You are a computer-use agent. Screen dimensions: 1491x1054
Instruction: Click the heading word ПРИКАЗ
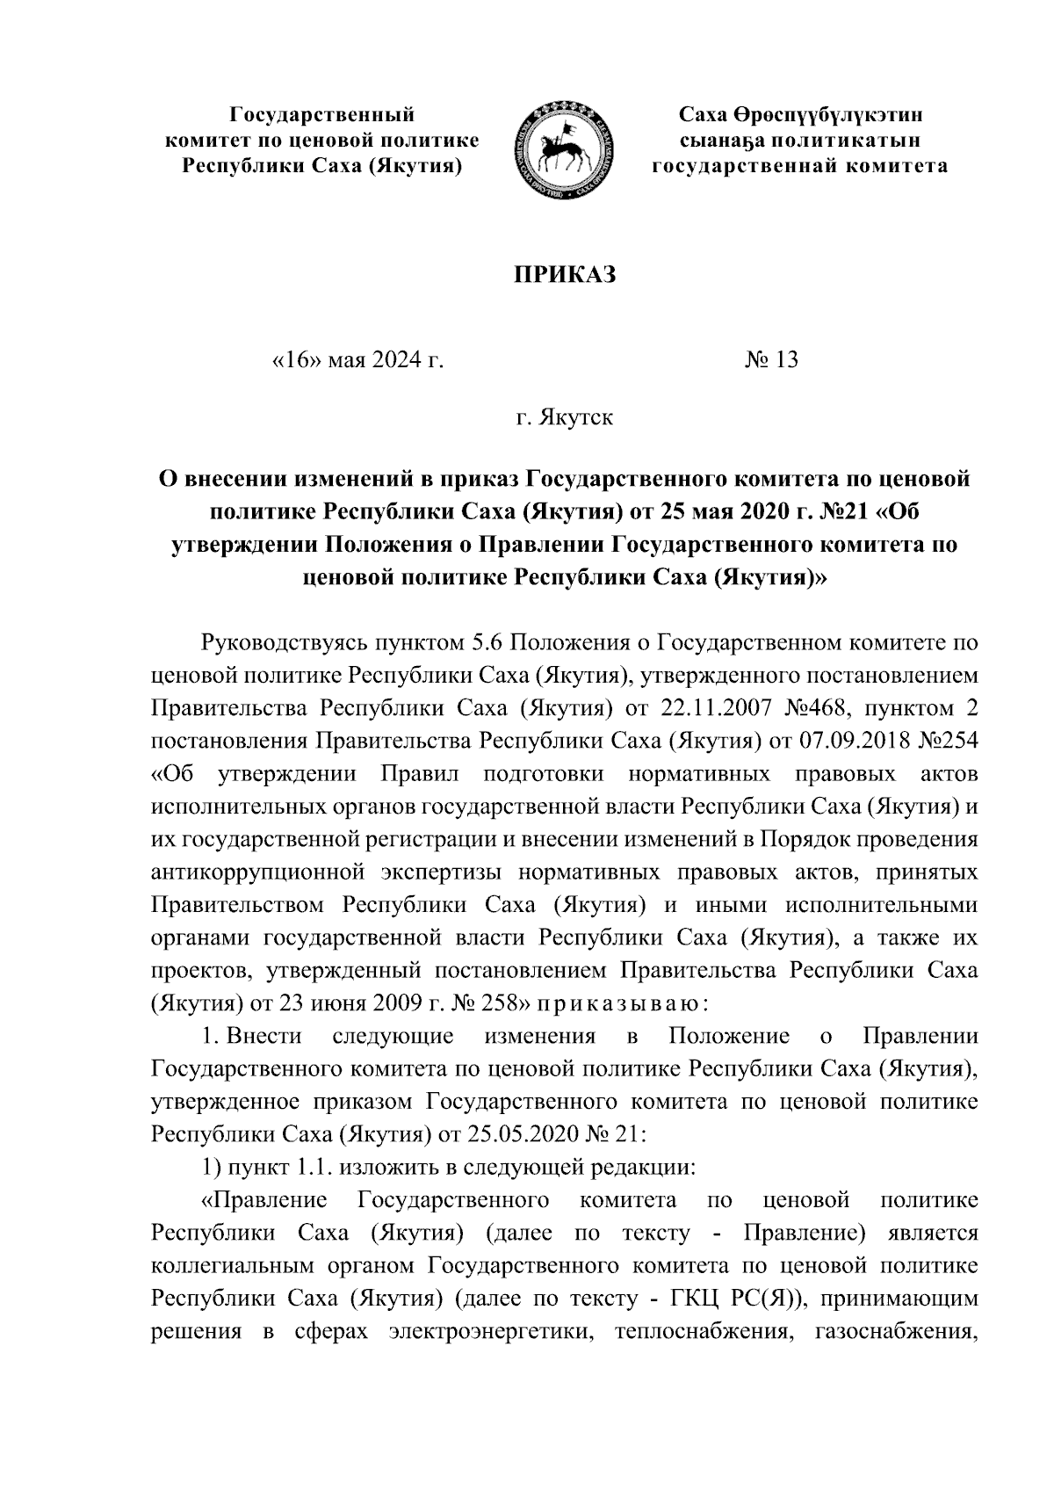(566, 274)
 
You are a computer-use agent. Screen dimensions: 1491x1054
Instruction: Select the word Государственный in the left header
(321, 114)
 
